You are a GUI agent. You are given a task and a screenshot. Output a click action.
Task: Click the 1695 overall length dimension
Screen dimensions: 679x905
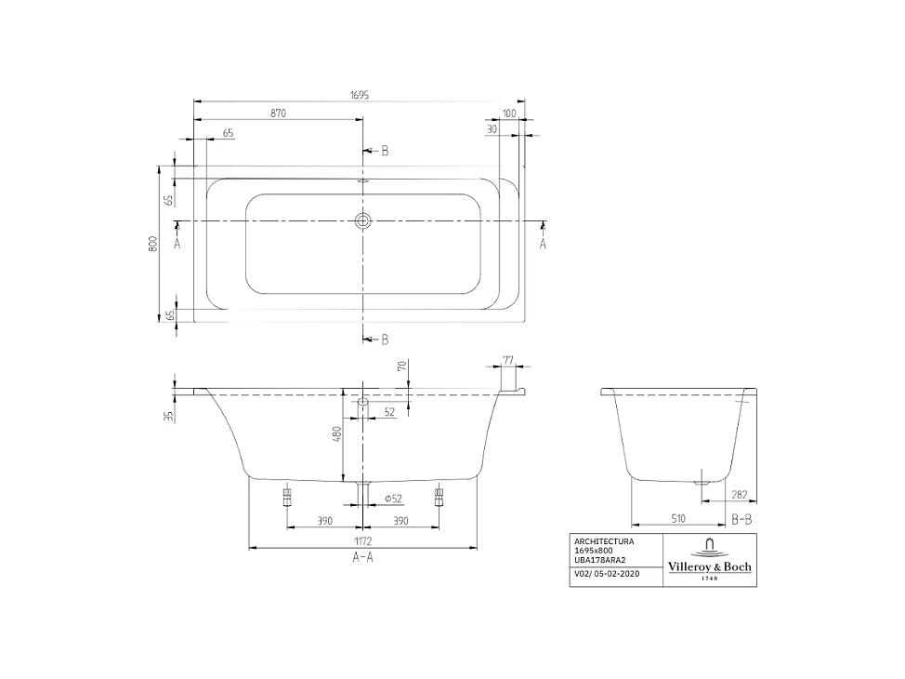tap(361, 95)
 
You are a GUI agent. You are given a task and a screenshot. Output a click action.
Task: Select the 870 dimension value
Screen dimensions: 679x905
tap(278, 113)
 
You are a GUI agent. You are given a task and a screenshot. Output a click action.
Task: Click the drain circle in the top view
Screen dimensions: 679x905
tap(362, 221)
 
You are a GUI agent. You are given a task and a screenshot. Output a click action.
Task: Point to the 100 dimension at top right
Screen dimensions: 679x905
tap(508, 113)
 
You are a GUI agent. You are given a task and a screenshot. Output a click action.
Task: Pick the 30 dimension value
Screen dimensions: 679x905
tap(492, 130)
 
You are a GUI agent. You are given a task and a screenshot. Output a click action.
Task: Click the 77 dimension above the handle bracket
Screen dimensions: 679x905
tap(508, 359)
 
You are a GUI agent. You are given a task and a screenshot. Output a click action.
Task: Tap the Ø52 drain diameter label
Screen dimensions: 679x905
tap(392, 499)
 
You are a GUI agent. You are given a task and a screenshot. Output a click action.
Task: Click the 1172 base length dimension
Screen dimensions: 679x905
tap(362, 540)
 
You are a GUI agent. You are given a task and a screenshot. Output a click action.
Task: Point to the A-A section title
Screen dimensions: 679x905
tap(362, 557)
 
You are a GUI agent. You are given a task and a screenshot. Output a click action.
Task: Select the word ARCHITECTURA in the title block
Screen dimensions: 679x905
tap(604, 541)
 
